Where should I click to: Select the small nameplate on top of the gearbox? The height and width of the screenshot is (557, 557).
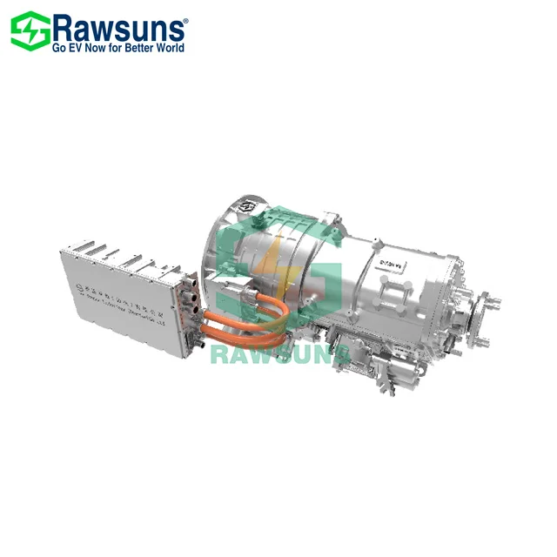point(383,256)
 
